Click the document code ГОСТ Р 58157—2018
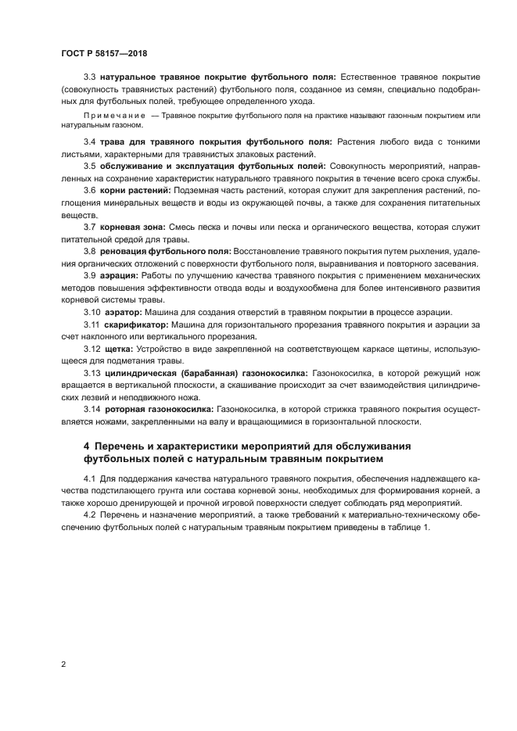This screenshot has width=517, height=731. (103, 53)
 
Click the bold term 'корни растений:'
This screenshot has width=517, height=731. (134, 191)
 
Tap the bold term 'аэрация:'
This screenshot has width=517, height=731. (120, 276)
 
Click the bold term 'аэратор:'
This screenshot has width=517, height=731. (124, 312)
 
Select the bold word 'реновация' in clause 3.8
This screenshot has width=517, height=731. (124, 251)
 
